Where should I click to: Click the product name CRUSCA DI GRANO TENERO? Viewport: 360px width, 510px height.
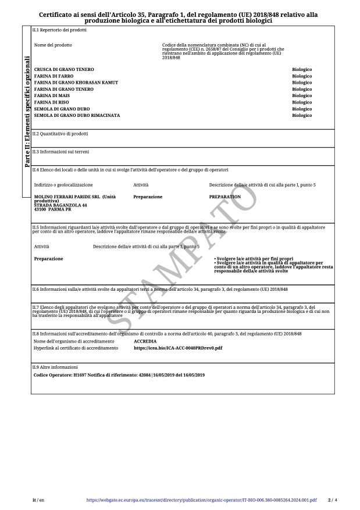point(64,70)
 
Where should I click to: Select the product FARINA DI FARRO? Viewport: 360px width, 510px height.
point(54,76)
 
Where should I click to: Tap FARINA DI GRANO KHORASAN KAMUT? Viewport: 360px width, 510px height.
point(76,83)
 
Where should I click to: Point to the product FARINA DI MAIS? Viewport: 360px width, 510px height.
point(52,96)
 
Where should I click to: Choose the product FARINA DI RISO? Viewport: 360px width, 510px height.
point(52,102)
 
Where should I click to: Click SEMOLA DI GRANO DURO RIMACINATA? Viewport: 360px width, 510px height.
point(77,116)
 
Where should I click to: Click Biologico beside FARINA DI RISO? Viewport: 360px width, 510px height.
point(302,102)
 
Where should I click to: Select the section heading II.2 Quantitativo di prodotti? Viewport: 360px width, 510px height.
point(60,133)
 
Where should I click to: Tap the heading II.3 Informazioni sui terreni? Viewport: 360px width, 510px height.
point(60,151)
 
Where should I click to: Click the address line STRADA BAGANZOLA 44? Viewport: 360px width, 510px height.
point(60,205)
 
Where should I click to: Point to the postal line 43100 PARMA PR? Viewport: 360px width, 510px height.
point(52,209)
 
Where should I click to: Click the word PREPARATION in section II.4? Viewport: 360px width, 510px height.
point(225,197)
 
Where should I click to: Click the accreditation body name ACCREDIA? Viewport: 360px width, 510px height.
point(145,341)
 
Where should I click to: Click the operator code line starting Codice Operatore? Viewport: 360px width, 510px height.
point(119,375)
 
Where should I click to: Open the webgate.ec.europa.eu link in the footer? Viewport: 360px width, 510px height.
point(201,500)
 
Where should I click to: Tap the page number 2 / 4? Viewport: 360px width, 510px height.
point(332,500)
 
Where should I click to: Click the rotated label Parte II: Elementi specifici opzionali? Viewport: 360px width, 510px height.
point(27,111)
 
